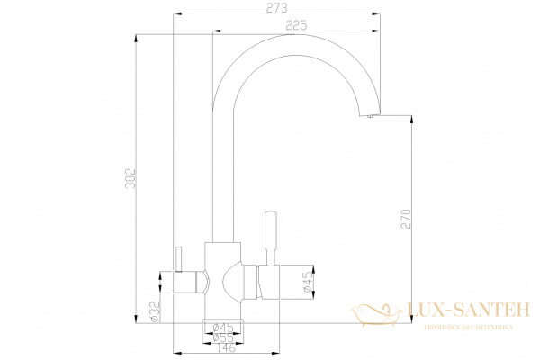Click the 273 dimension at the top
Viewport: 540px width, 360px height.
pyautogui.click(x=277, y=8)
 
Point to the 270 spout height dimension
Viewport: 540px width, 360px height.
pyautogui.click(x=404, y=221)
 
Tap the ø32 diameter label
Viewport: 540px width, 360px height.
pyautogui.click(x=155, y=311)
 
